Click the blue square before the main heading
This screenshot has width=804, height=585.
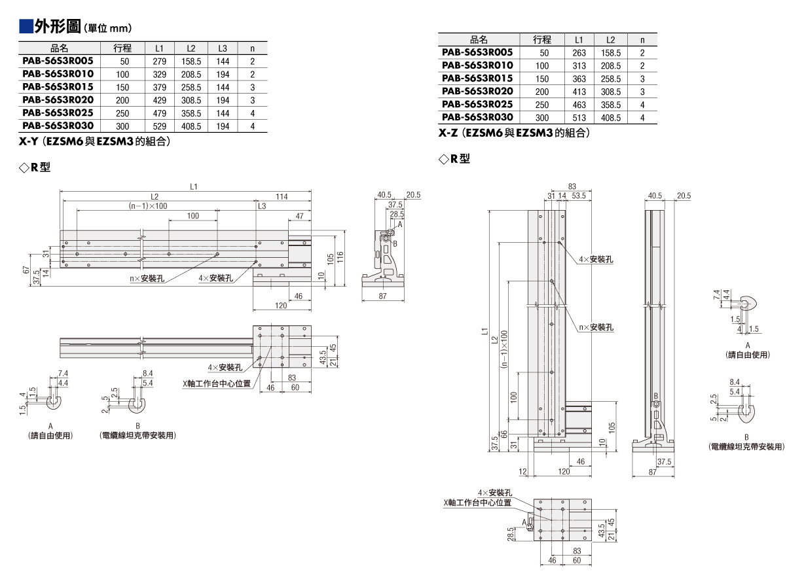[26, 27]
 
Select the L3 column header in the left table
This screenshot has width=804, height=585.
[223, 48]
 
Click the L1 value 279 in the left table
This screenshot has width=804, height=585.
[159, 62]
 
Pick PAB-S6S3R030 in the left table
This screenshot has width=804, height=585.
[58, 126]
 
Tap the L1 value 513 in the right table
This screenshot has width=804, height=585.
[579, 118]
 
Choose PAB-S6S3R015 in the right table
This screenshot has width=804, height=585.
[477, 79]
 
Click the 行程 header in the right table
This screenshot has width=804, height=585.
[542, 40]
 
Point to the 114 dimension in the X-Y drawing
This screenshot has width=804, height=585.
[282, 196]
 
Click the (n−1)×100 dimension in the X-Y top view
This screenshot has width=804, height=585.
[148, 206]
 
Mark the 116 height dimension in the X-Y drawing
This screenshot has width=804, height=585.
[340, 257]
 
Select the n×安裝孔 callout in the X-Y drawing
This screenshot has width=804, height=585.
[147, 278]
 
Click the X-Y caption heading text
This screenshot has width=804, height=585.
[95, 141]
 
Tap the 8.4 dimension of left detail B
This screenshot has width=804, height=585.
[147, 374]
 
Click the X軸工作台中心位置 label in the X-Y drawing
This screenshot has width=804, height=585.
[217, 383]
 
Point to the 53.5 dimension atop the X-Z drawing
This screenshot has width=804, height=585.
[579, 196]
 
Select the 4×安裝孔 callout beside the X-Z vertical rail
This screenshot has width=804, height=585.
[596, 259]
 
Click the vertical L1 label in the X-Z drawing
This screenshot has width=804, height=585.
[485, 331]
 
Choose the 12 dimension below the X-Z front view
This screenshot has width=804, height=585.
[523, 471]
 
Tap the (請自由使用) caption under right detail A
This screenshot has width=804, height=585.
[748, 355]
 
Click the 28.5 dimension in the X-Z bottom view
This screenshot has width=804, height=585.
[511, 534]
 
